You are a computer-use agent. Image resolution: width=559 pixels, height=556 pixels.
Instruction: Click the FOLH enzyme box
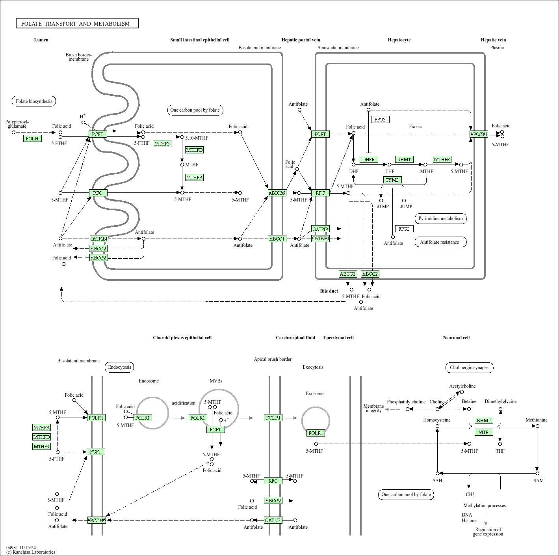click(32, 138)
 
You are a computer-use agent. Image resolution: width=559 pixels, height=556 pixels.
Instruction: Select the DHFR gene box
click(369, 159)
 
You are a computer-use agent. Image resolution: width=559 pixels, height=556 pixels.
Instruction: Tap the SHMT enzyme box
click(404, 159)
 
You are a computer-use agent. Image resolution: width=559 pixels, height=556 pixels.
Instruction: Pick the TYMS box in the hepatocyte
click(392, 180)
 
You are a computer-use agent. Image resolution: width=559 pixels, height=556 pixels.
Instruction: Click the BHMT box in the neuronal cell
click(484, 420)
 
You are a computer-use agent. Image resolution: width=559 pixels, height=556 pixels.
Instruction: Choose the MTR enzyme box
click(484, 433)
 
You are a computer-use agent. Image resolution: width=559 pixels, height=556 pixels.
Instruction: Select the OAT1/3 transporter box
click(273, 520)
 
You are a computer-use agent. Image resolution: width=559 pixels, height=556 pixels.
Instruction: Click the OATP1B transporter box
click(320, 229)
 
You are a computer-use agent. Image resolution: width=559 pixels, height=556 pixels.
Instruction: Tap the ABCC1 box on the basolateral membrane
click(277, 239)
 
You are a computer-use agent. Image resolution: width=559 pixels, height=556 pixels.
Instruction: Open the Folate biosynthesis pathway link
click(34, 101)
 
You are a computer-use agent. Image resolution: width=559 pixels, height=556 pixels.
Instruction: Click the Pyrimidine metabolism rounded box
click(441, 218)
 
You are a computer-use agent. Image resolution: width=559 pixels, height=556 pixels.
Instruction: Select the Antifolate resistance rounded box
click(441, 242)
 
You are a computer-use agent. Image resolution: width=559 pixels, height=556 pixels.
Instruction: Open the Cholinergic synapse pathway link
click(469, 368)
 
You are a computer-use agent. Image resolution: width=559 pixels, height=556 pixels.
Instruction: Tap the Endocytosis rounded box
click(119, 367)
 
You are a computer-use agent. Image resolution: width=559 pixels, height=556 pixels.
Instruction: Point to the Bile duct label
click(329, 291)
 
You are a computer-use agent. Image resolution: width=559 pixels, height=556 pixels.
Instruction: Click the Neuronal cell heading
click(456, 338)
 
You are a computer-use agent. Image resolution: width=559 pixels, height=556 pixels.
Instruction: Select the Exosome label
click(315, 394)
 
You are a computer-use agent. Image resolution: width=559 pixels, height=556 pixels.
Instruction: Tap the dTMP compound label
click(383, 207)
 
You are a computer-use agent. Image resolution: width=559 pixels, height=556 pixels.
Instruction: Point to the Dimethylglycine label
click(500, 401)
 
